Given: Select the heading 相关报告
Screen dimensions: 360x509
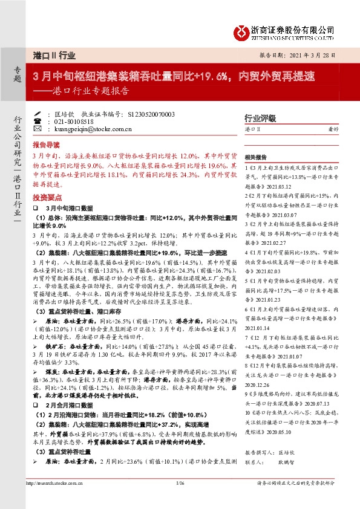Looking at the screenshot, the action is pyautogui.click(x=257, y=155).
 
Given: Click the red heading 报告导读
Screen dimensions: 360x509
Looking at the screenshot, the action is pyautogui.click(x=46, y=145).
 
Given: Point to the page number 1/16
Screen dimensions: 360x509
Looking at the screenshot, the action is pyautogui.click(x=179, y=499).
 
